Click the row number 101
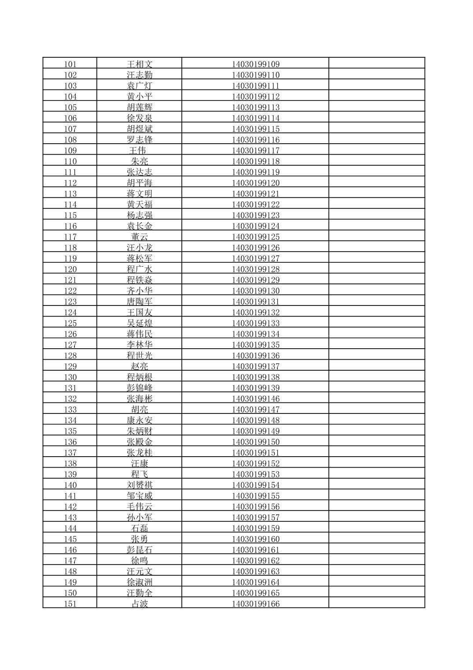[70, 64]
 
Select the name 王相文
[140, 64]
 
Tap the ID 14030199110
[255, 75]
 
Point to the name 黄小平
[140, 97]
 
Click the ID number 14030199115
[255, 129]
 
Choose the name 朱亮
[140, 162]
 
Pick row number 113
[70, 194]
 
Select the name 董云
[140, 237]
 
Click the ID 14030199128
[255, 269]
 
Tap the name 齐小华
[140, 291]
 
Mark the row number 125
[70, 324]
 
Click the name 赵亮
[140, 367]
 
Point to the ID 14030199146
[255, 399]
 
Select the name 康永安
[140, 421]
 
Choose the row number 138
[70, 464]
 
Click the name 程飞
[140, 475]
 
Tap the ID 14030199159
[255, 529]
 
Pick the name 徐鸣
[140, 561]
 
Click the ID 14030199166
[255, 604]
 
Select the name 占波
[140, 604]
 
